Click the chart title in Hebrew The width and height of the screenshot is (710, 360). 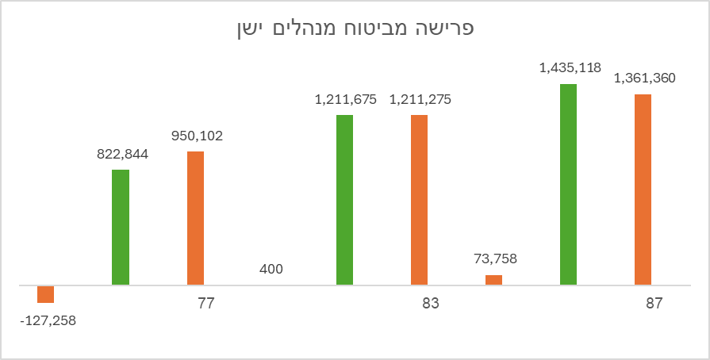click(355, 29)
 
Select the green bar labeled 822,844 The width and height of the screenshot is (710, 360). click(121, 228)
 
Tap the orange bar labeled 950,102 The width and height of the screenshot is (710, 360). click(195, 218)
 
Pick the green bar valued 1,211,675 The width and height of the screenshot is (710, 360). click(344, 200)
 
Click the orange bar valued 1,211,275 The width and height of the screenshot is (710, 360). click(419, 200)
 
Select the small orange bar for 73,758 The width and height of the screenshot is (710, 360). click(493, 280)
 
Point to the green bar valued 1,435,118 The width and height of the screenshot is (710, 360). click(568, 184)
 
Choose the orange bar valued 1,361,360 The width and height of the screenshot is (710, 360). click(643, 190)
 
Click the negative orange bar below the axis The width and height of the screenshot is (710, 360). click(46, 294)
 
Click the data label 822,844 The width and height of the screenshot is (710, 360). click(122, 154)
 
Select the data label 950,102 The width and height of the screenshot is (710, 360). click(197, 136)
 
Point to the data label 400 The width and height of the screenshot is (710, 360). click(271, 270)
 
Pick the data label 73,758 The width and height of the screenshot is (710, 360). click(493, 259)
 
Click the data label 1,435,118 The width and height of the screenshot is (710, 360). click(570, 68)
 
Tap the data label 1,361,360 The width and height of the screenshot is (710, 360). click(644, 79)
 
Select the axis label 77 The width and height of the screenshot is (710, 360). click(206, 304)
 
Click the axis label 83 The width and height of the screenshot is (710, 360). click(430, 304)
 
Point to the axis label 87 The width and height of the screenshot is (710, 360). click(654, 304)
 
